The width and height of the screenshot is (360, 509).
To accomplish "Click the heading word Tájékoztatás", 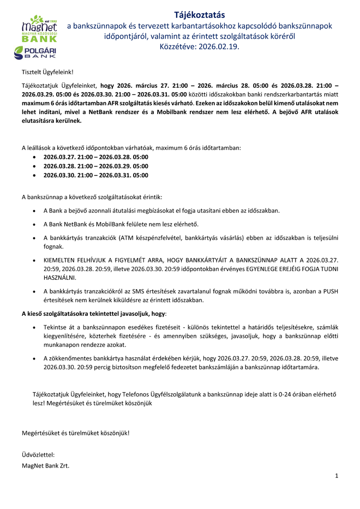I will click(x=199, y=14).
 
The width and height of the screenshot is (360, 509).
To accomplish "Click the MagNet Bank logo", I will click(x=39, y=30).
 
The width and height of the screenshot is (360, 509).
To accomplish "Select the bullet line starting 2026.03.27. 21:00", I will click(x=95, y=157).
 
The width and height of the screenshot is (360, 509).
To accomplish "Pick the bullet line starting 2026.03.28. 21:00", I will click(x=95, y=166).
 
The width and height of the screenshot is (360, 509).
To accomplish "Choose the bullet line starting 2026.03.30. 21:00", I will click(x=95, y=175).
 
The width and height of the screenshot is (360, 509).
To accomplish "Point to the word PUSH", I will click(x=331, y=291).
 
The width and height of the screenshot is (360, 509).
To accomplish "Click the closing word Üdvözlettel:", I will click(x=38, y=454).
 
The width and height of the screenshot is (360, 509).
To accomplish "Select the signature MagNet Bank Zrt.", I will click(x=45, y=466).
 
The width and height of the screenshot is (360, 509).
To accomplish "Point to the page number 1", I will click(x=337, y=476).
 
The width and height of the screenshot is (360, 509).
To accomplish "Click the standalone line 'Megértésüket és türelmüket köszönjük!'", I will click(x=75, y=433).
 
